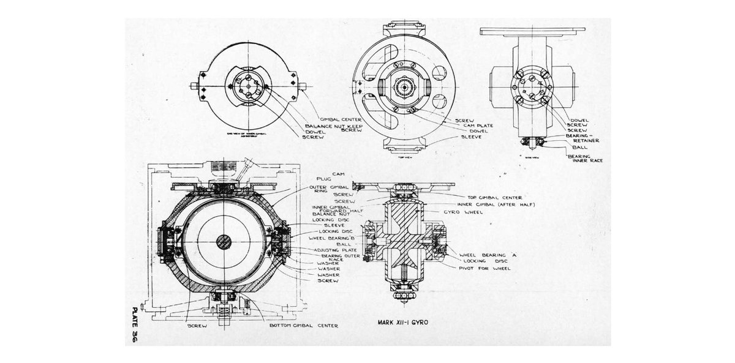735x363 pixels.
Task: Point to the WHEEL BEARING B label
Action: click(x=325, y=238)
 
